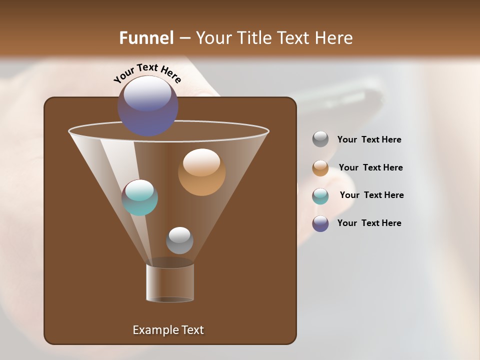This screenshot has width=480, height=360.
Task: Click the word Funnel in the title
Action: point(146,38)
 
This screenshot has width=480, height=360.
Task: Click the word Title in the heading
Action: point(255,38)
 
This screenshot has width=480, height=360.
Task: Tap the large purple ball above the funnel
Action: point(147,106)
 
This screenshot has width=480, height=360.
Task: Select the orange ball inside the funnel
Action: point(201,172)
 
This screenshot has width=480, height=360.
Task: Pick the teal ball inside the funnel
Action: point(139,197)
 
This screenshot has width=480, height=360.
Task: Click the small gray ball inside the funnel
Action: point(179,240)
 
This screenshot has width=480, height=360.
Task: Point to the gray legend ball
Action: point(320,139)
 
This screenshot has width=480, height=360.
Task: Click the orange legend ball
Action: point(320,168)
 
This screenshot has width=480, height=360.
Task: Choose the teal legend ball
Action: point(320,196)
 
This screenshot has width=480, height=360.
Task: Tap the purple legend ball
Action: point(320,223)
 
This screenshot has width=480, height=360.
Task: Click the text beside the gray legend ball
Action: point(369,140)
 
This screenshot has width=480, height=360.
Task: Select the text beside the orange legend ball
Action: point(370,168)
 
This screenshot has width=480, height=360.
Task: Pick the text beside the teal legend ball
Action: point(371,195)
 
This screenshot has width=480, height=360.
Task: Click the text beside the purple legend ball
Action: point(369,223)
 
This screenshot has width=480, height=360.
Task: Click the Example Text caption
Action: point(168,330)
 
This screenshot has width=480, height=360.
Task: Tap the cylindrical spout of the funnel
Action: point(170,283)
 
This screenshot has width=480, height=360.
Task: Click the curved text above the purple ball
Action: point(147,73)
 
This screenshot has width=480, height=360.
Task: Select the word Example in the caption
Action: point(152,330)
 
